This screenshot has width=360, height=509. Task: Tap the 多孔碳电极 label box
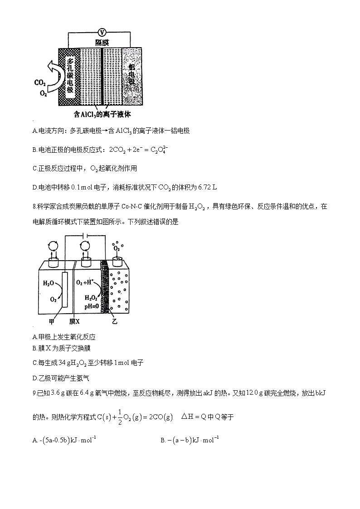click(x=70, y=75)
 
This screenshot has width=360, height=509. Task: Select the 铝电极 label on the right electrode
click(x=131, y=75)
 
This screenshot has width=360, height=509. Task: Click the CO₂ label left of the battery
click(x=40, y=83)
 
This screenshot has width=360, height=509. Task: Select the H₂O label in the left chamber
click(x=49, y=283)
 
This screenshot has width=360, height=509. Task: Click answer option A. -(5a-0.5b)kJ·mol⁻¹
click(x=64, y=440)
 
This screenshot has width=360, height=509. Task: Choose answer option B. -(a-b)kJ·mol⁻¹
click(x=190, y=440)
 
